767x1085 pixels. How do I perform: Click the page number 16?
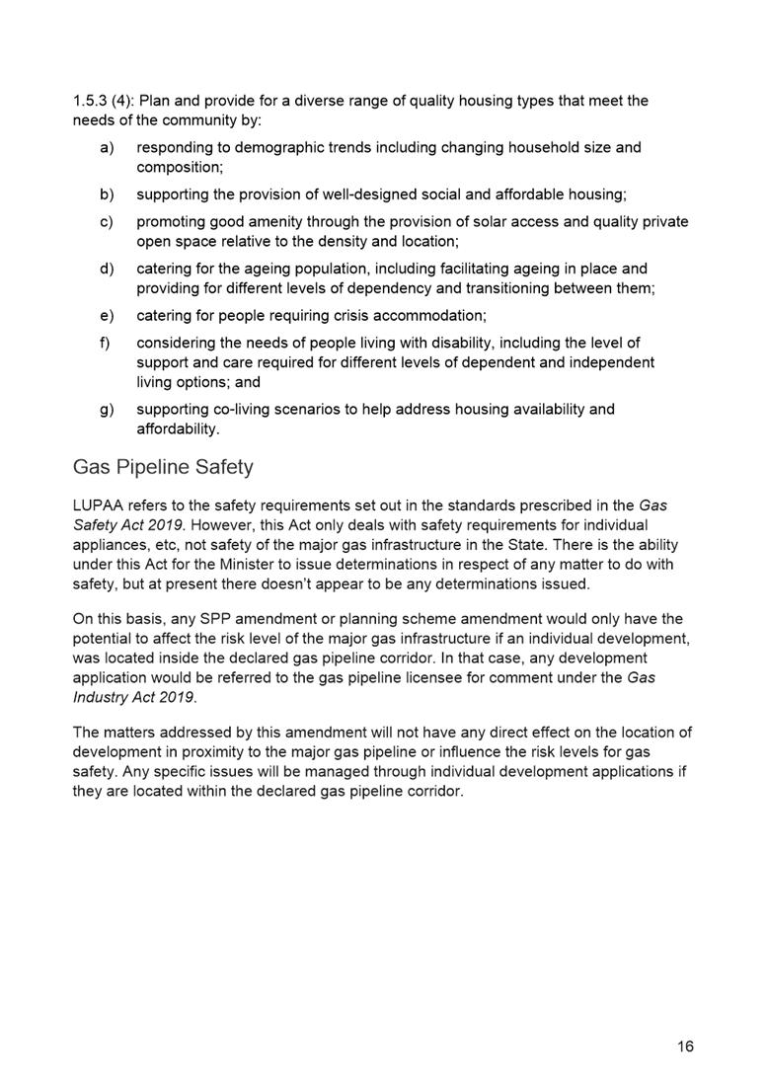pos(685,1046)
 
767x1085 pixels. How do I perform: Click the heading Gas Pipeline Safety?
pos(163,467)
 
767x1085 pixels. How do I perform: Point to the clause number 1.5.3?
pos(94,101)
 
